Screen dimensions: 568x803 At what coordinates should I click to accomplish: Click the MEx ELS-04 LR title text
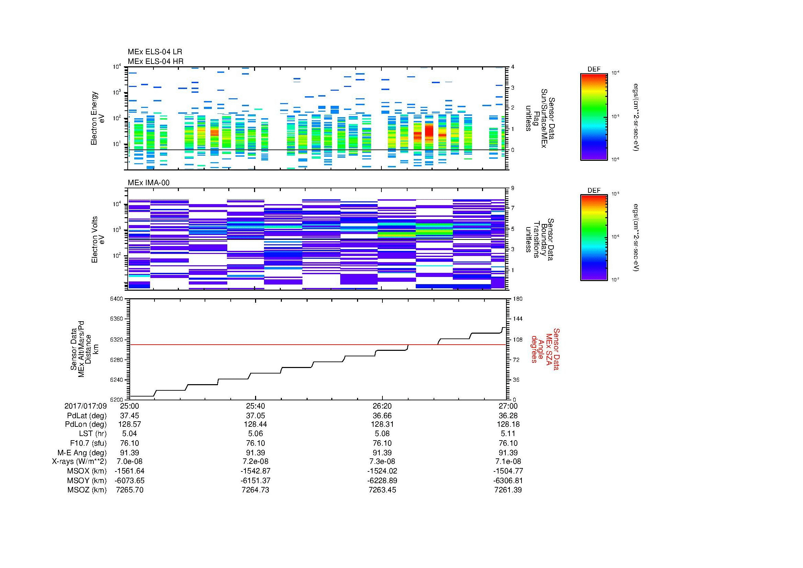tap(154, 52)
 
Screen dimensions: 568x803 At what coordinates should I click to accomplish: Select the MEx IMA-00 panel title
tap(148, 183)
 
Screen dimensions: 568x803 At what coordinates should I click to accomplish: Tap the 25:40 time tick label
tap(255, 406)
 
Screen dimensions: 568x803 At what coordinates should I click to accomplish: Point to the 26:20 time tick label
tap(382, 406)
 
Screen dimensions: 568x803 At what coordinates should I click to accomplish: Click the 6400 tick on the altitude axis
tap(116, 299)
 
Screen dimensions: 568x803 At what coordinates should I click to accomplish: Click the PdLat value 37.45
tap(129, 416)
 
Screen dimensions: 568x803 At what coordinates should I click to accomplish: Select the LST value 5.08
tap(382, 434)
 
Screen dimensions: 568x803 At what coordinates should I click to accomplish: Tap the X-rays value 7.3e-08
tap(382, 461)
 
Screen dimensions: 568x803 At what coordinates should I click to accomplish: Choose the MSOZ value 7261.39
tap(508, 490)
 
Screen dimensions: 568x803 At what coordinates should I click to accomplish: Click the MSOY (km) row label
tap(87, 480)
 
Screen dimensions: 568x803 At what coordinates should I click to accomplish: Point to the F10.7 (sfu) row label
tap(88, 443)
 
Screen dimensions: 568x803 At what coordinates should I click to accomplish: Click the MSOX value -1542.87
tap(255, 471)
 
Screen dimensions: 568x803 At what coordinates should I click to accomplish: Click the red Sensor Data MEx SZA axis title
tap(545, 349)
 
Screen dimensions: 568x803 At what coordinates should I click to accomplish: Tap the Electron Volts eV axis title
tap(98, 240)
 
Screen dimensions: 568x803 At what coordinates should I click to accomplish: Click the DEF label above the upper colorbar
tap(594, 69)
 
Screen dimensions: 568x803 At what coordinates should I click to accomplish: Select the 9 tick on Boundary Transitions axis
tap(513, 188)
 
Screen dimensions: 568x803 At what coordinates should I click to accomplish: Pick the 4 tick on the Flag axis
tap(513, 67)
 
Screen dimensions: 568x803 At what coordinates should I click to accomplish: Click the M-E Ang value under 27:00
tap(508, 453)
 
